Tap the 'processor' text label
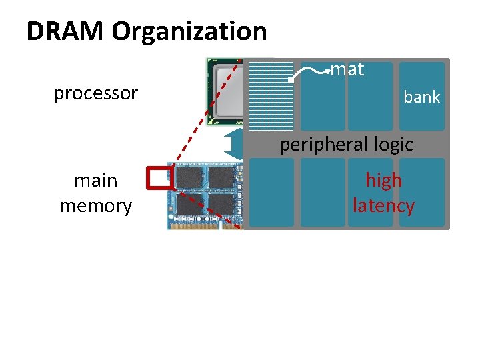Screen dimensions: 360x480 tap(95, 93)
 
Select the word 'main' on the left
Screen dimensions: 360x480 tap(95, 181)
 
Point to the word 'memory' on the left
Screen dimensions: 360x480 tap(95, 206)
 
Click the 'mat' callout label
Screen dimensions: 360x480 tap(347, 69)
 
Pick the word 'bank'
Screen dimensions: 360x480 tap(421, 97)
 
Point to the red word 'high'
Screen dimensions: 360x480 tap(383, 181)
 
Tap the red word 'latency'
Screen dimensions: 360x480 tap(383, 206)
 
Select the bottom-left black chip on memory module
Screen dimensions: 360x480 tap(189, 203)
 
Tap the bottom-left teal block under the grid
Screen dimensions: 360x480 tap(271, 193)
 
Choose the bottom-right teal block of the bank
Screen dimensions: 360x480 tap(422, 192)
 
